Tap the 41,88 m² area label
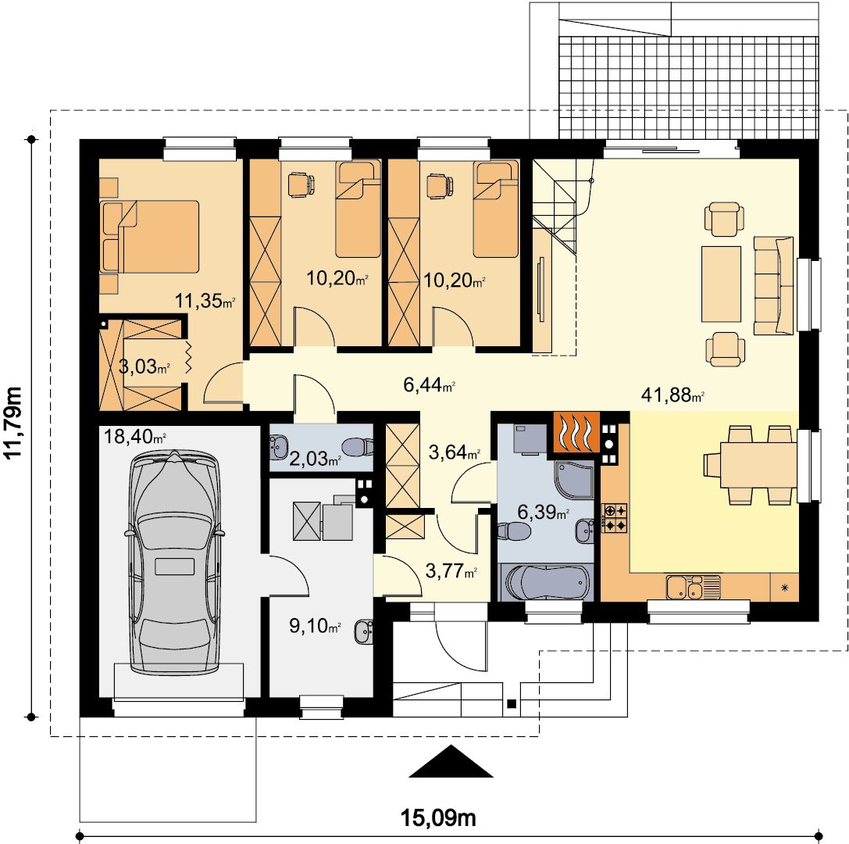672,395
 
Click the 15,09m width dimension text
438,817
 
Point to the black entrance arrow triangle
451,762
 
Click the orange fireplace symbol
576,432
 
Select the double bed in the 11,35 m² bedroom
149,237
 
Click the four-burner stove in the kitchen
614,518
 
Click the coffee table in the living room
721,284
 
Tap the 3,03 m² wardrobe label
144,367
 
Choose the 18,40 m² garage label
134,436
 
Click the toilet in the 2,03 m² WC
358,446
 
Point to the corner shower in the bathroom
574,479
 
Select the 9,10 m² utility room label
315,626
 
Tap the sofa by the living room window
774,285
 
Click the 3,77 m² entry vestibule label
451,570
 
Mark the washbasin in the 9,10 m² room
364,631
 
